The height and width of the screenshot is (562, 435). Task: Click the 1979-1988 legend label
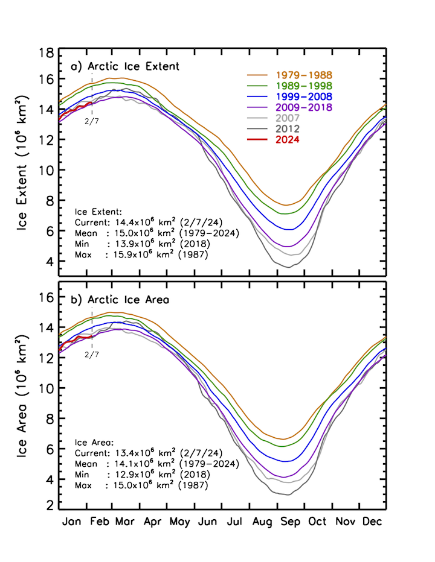[304, 75]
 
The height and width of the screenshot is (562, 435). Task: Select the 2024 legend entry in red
[288, 140]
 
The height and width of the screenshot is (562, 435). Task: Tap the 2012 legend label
[288, 129]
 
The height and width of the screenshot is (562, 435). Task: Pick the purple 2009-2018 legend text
[304, 107]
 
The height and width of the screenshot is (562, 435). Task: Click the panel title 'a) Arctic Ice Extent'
[125, 67]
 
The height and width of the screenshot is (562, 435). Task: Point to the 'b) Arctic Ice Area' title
[120, 300]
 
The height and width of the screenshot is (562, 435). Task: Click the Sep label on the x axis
[290, 522]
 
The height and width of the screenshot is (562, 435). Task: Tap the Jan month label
[71, 521]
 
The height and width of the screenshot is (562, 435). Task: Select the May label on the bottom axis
[179, 522]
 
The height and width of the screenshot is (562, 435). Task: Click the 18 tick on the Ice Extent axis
[46, 53]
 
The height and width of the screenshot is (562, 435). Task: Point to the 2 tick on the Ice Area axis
[50, 505]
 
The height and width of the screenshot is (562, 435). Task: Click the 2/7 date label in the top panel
[92, 121]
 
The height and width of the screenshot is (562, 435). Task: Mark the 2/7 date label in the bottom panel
[92, 355]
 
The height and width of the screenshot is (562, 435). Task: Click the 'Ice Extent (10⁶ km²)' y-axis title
[22, 163]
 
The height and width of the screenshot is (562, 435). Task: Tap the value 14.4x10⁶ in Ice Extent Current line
[135, 222]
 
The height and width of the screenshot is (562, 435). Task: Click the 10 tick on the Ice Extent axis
[46, 170]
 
